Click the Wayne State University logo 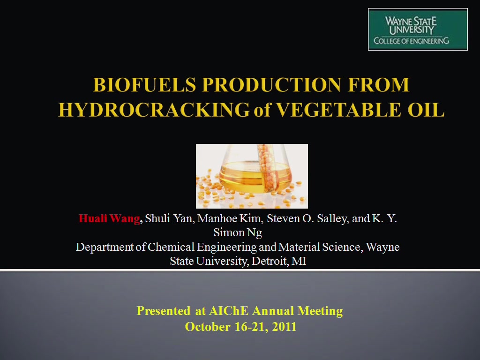click(418, 30)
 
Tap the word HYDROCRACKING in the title click(154, 110)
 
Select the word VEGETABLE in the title click(338, 110)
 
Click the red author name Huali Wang click(109, 218)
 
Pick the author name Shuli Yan click(169, 218)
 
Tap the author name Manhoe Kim click(230, 218)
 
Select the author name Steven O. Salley click(307, 218)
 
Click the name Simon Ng click(238, 232)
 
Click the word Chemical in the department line click(171, 247)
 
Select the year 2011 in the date click(284, 327)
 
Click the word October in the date click(208, 327)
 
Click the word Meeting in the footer click(320, 311)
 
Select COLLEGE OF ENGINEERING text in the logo click(411, 41)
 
